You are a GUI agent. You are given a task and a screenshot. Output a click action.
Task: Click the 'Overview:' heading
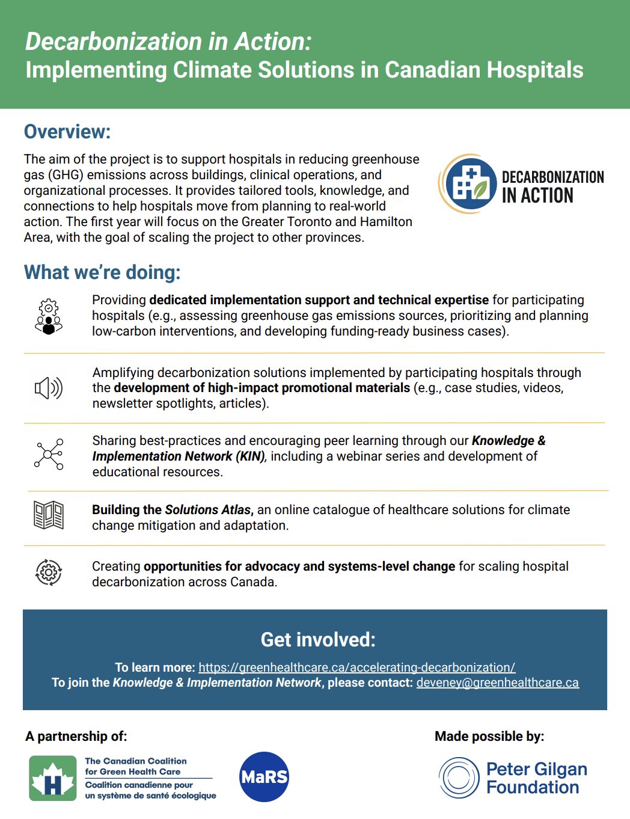(x=67, y=132)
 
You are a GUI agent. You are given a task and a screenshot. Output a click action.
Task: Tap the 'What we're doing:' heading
(x=102, y=272)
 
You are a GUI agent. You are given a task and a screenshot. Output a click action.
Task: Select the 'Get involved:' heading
(x=317, y=639)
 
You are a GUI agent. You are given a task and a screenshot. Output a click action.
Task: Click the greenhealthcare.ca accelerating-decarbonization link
(x=356, y=667)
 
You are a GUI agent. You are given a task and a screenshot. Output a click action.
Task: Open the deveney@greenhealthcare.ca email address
(x=497, y=682)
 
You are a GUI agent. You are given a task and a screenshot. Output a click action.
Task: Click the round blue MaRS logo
(x=264, y=777)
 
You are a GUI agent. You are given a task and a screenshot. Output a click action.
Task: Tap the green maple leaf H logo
(x=53, y=778)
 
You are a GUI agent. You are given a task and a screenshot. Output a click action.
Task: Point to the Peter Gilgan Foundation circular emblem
(x=459, y=778)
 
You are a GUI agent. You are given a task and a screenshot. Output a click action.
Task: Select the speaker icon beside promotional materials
(x=48, y=388)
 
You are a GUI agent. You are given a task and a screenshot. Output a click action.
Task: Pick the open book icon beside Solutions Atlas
(x=49, y=515)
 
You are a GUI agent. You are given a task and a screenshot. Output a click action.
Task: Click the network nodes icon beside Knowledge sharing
(x=49, y=454)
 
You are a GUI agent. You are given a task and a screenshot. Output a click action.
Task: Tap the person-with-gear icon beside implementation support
(x=49, y=316)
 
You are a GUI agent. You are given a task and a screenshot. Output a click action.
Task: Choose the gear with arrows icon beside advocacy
(x=49, y=572)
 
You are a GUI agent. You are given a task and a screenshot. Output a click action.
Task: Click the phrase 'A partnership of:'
(x=76, y=736)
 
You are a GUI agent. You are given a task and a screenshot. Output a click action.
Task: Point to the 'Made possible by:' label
(x=489, y=736)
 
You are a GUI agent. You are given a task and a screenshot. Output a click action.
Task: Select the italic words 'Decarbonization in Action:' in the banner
(x=168, y=41)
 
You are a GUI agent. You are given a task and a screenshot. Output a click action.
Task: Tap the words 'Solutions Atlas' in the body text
(x=208, y=510)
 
